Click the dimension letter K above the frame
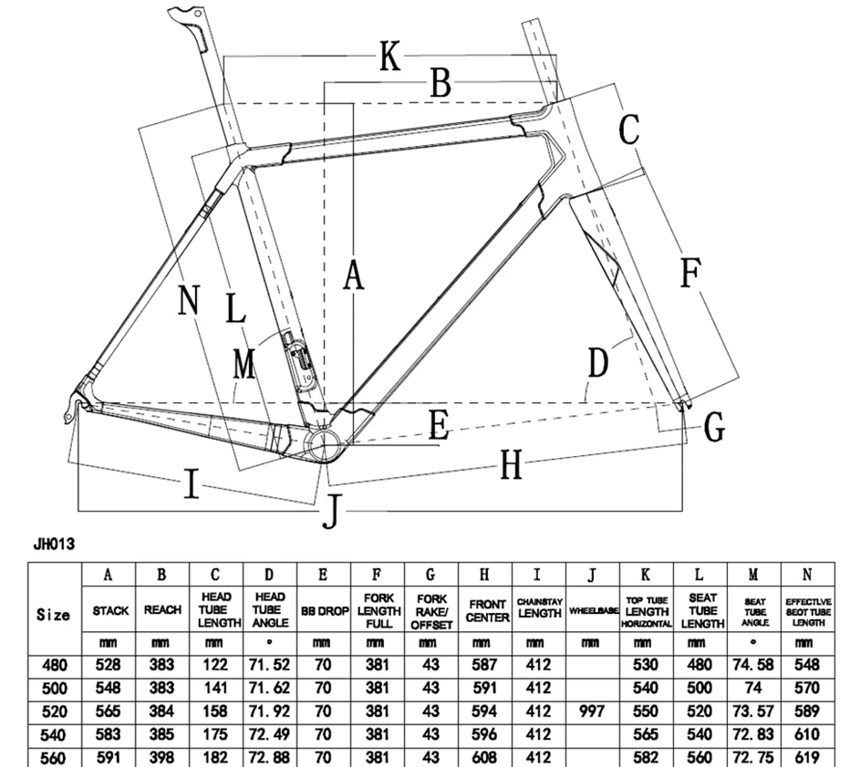389,56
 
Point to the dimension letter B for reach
441,83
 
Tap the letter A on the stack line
354,275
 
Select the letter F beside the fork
690,273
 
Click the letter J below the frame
331,511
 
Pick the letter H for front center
511,465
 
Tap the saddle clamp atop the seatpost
183,14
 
